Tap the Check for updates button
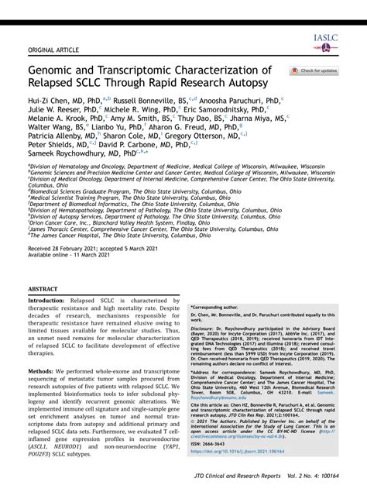(314, 71)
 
